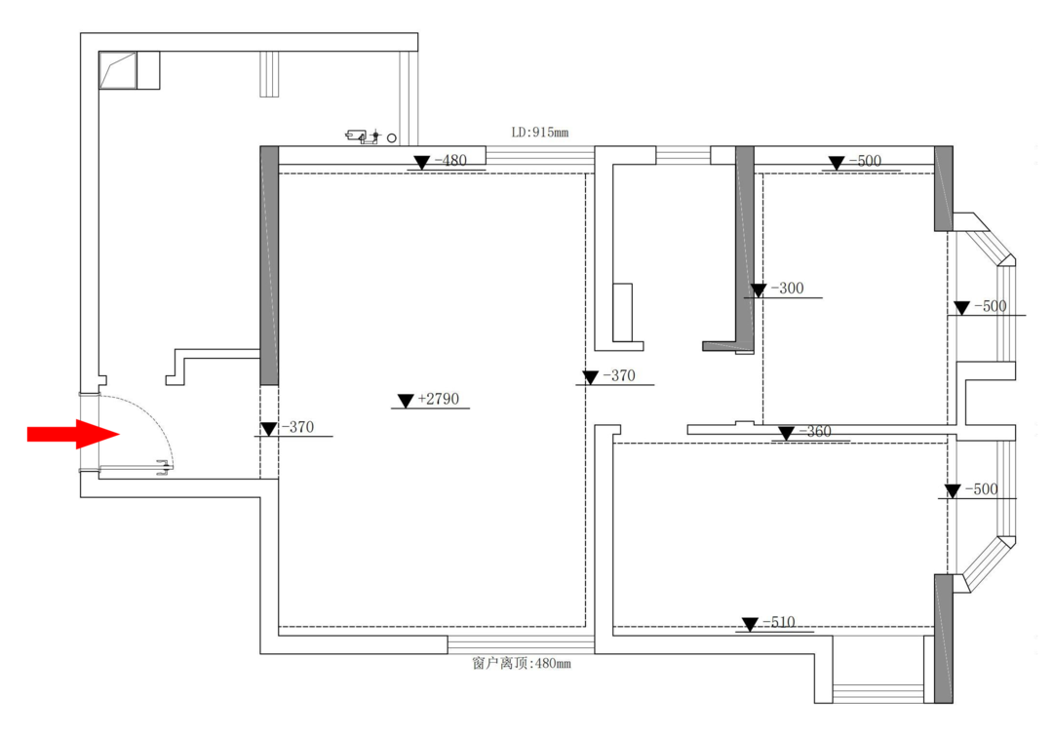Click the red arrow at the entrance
73,434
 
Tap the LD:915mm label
540,133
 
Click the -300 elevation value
788,288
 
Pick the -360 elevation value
815,432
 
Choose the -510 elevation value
779,622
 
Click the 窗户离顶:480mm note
522,663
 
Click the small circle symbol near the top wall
392,138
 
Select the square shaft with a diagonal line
118,70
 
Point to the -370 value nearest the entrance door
297,427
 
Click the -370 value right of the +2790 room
619,375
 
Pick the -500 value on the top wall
865,161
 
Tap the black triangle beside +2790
405,401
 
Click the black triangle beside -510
750,624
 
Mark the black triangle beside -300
759,290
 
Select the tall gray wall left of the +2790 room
269,266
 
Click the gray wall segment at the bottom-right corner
944,639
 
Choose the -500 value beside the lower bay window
982,489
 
